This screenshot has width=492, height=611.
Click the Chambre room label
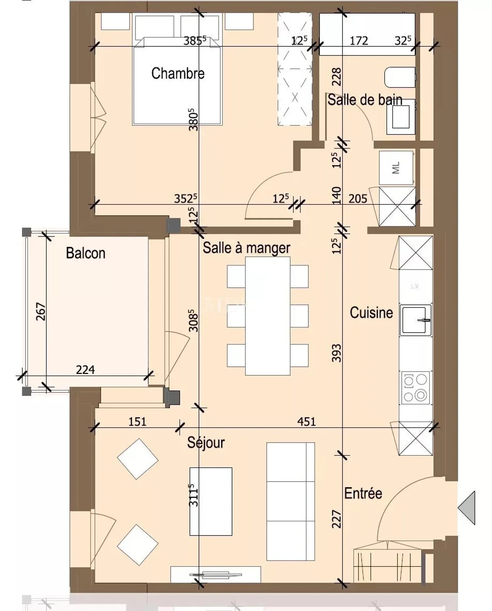[178, 74]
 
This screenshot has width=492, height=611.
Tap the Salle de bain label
[365, 100]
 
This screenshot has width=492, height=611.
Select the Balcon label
[85, 253]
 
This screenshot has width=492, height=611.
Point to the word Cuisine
[371, 313]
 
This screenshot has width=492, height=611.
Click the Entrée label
[363, 493]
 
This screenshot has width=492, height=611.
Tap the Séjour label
[206, 443]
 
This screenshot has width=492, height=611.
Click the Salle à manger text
[246, 248]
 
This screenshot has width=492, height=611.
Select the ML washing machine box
[396, 168]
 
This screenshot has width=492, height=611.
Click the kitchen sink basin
[414, 320]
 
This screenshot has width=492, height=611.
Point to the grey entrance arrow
[468, 508]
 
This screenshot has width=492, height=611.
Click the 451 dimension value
[306, 422]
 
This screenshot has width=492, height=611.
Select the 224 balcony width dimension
[85, 370]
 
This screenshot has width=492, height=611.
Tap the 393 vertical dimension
[337, 353]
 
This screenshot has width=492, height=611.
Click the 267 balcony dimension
[41, 311]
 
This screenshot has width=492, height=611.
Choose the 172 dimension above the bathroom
[359, 41]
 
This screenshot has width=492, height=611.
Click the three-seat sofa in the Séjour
[290, 502]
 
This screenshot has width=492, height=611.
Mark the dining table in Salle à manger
[268, 316]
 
